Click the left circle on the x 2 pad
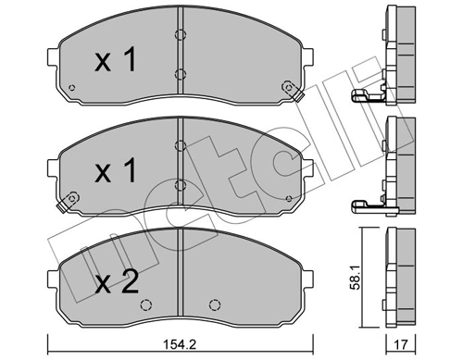(145, 303)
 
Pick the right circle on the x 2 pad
(214, 303)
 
